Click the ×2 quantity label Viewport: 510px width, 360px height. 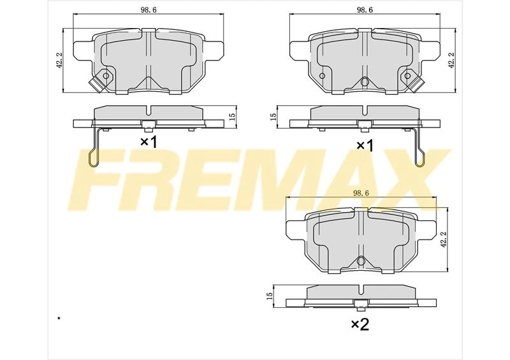(x=360, y=324)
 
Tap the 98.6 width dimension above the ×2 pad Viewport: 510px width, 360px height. (x=360, y=193)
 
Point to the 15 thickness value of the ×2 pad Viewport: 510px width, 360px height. (x=269, y=296)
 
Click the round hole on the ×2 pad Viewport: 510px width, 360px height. (x=360, y=261)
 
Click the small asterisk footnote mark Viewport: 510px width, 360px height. (x=59, y=317)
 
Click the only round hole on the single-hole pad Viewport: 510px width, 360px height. (x=106, y=76)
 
